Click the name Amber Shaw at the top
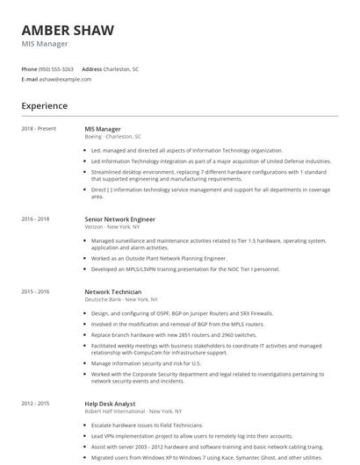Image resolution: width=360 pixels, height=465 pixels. click(68, 31)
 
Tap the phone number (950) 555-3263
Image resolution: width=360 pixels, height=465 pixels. click(56, 68)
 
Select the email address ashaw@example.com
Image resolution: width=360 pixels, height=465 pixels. click(65, 79)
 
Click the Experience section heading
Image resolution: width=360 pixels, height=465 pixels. click(44, 106)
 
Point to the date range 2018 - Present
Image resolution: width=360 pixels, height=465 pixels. click(39, 129)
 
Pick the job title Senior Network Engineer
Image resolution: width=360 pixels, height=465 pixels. click(119, 218)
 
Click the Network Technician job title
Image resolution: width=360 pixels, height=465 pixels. click(114, 291)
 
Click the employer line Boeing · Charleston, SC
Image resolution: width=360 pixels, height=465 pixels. click(112, 137)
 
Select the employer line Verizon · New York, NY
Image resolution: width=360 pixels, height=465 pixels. click(112, 226)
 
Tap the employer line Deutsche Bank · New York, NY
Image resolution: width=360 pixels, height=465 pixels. click(119, 299)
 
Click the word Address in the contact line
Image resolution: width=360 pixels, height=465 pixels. click(91, 68)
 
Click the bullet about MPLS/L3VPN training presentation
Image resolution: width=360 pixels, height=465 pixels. click(184, 268)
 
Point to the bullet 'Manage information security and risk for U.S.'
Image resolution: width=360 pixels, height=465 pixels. click(146, 362)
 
